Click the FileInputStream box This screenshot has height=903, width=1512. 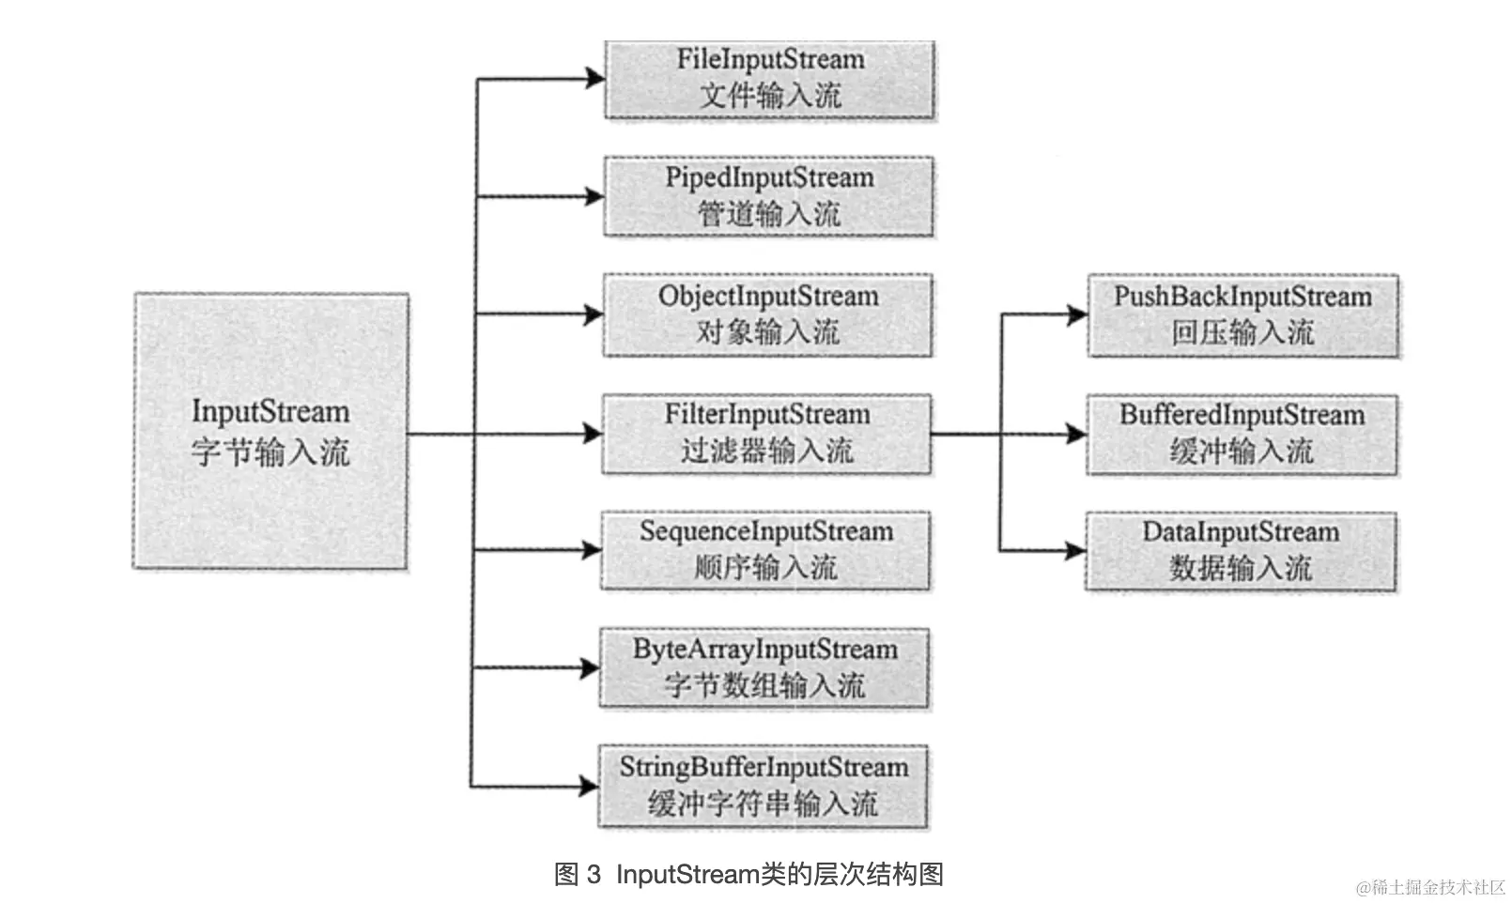[769, 79]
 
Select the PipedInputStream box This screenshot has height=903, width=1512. [769, 196]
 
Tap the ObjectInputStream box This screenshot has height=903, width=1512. [768, 314]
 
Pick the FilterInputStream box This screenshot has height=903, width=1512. [767, 434]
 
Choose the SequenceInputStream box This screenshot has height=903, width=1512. [766, 550]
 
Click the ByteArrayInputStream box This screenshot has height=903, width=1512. [765, 668]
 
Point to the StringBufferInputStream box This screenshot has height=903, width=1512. [764, 787]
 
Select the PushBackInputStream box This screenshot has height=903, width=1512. [1242, 315]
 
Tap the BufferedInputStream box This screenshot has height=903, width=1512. [1242, 434]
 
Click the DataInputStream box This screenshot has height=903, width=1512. [1241, 551]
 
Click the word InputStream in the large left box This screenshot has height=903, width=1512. [270, 411]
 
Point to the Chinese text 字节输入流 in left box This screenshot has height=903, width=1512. [270, 451]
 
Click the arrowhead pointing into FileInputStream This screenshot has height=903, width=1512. [595, 79]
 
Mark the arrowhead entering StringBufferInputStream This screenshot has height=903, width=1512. [590, 786]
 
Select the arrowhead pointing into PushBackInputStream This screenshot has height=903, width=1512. [1078, 315]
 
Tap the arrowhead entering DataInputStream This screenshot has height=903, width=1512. [1076, 551]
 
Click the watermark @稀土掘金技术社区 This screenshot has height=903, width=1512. [1430, 887]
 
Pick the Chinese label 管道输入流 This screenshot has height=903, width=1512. [769, 214]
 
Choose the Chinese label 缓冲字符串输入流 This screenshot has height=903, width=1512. [764, 804]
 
